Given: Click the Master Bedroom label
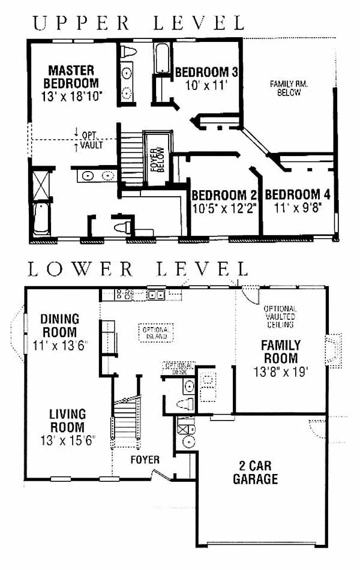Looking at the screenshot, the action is (71, 77).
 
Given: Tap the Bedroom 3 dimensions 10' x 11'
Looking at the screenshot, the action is (206, 86).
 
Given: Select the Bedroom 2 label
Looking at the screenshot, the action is (224, 195).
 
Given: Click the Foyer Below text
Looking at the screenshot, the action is (157, 160).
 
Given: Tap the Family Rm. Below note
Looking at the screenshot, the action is (289, 88).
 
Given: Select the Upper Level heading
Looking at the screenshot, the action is (138, 23).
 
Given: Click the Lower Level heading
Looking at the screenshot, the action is (138, 269).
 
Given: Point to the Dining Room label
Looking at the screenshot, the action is (60, 325).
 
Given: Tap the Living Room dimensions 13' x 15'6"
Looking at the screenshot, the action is (68, 440).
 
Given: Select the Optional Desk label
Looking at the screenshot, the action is (179, 368).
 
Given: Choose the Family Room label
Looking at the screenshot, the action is (281, 352).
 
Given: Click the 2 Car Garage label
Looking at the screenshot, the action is (255, 472).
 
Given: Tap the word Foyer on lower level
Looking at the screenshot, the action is (145, 460).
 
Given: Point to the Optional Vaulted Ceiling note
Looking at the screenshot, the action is (280, 316).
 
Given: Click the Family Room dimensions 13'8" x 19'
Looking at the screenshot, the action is (281, 372).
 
